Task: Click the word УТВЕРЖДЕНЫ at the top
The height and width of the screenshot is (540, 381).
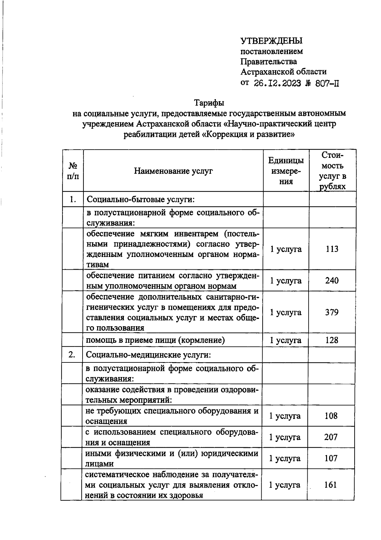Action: click(x=271, y=41)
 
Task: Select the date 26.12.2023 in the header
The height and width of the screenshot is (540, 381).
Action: click(x=277, y=84)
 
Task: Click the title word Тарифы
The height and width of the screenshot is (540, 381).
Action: click(x=209, y=103)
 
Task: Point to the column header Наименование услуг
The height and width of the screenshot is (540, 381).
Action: click(x=173, y=171)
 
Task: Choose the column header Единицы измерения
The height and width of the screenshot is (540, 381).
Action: click(x=286, y=171)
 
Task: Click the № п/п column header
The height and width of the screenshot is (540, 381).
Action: click(x=73, y=171)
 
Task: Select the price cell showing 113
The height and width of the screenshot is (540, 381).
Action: click(x=332, y=249)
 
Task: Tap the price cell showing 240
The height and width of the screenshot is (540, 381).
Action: click(x=332, y=280)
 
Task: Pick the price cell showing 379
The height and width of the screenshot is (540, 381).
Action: click(x=332, y=312)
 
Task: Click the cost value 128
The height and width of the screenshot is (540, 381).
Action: click(x=332, y=340)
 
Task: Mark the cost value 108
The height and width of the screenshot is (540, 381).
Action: click(x=331, y=416)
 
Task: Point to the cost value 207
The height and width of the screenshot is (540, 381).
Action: click(x=331, y=437)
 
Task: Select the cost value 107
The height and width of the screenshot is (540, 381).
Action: click(x=331, y=458)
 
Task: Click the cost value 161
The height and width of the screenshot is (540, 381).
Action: click(x=331, y=485)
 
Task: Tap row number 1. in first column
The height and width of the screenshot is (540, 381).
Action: click(x=73, y=199)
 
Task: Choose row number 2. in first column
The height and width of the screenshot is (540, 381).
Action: click(x=72, y=354)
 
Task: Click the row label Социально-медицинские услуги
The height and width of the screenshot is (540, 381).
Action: click(x=148, y=355)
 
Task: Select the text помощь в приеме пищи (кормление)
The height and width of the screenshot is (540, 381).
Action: click(x=156, y=340)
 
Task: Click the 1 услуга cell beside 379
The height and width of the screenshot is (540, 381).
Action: click(x=285, y=312)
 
